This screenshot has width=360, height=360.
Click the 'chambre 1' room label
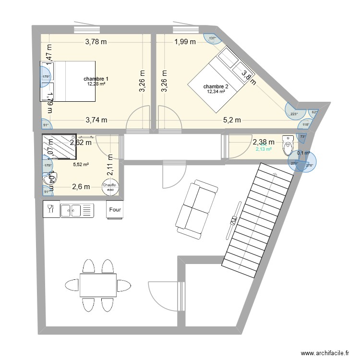click(96, 79)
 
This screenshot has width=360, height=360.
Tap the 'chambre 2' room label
click(216, 86)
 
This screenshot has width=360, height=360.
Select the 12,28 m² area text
click(96, 84)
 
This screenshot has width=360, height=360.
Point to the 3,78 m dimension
click(96, 42)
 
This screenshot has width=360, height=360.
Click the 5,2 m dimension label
click(231, 120)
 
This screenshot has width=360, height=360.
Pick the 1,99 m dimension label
click(185, 42)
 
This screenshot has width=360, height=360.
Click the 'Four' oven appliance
click(115, 210)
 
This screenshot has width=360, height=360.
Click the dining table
click(98, 285)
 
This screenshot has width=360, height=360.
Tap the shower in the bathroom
click(59, 146)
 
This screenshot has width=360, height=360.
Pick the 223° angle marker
click(294, 114)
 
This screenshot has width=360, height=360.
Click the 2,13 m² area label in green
click(264, 149)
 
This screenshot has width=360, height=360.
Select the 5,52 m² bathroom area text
click(81, 165)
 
